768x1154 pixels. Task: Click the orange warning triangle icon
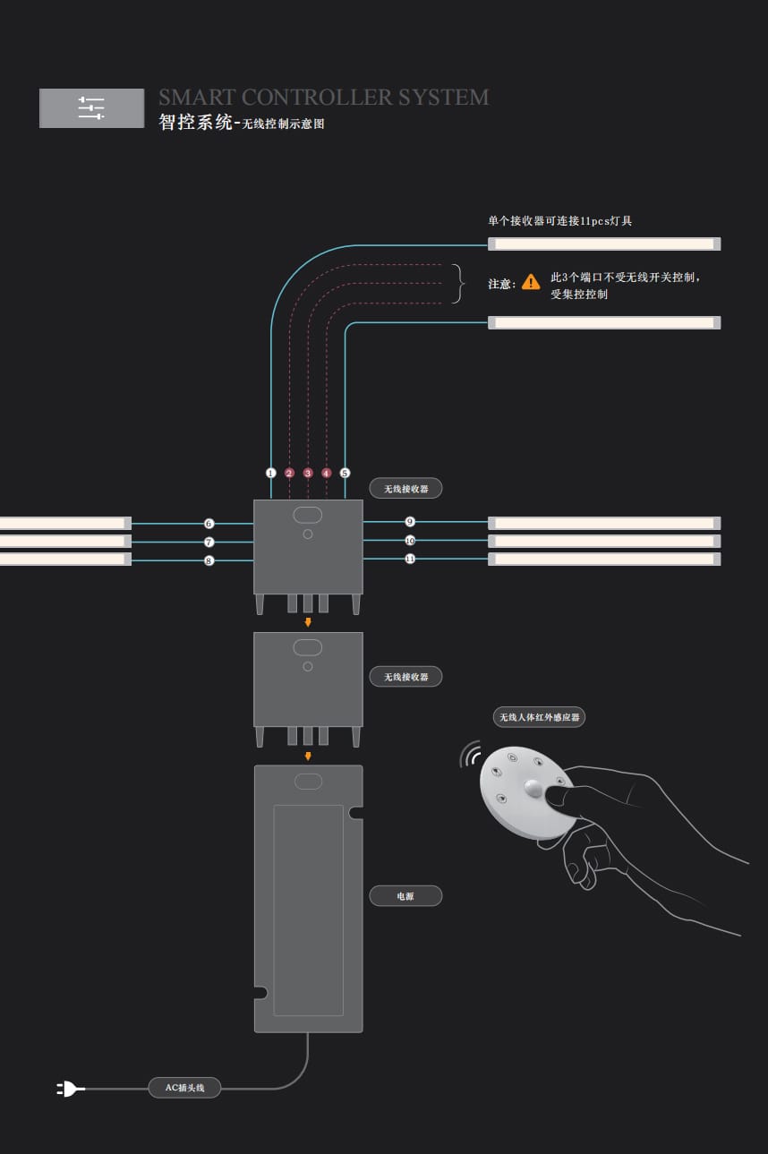tap(531, 282)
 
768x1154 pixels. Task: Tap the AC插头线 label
tap(184, 1088)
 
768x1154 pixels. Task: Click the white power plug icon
tap(70, 1089)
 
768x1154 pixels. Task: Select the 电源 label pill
tap(405, 895)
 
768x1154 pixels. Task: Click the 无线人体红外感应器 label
tap(539, 717)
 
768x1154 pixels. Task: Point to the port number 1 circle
tap(271, 473)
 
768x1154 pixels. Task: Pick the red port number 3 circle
tap(308, 473)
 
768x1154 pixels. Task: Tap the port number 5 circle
tap(345, 473)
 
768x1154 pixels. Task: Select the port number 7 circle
tap(209, 542)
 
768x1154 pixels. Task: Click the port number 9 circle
tap(410, 521)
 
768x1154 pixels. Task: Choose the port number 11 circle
tap(410, 559)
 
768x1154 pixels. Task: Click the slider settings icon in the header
tap(91, 108)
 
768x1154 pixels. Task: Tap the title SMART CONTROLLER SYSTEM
tap(323, 98)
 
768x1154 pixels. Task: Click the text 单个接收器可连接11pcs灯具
tap(559, 220)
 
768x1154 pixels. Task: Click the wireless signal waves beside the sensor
tap(470, 755)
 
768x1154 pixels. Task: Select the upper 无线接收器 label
tap(405, 489)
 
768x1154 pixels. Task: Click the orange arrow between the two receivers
tap(308, 622)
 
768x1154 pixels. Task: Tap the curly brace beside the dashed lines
tap(460, 283)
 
